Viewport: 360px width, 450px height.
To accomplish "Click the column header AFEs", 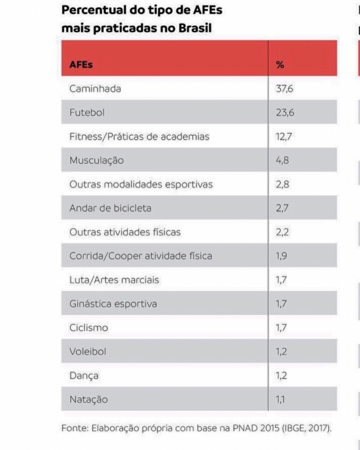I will click(x=81, y=65).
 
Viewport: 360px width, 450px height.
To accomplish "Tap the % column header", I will click(x=280, y=65).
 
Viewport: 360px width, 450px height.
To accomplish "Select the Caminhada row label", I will click(x=95, y=89).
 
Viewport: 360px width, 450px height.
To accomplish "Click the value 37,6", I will click(x=285, y=89).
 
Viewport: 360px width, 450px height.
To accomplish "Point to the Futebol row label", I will click(x=87, y=113).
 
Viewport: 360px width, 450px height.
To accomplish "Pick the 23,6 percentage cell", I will click(x=285, y=113).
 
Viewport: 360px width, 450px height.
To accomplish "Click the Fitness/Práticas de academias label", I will click(x=139, y=137).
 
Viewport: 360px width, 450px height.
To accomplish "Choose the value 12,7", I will click(x=283, y=137).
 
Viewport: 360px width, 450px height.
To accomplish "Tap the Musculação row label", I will click(x=96, y=161).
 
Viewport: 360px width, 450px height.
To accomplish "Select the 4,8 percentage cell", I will click(x=282, y=161).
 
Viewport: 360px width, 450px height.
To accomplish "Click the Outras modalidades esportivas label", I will click(x=141, y=184).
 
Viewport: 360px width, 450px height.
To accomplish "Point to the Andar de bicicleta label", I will click(x=110, y=209).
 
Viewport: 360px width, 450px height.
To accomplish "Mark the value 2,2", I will click(x=282, y=232).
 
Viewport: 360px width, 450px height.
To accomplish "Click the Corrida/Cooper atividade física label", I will click(x=141, y=256).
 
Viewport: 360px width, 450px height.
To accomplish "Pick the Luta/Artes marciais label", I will click(x=114, y=280).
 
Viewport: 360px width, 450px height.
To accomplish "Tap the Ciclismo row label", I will click(x=89, y=328).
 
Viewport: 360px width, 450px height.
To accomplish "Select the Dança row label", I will click(x=84, y=376).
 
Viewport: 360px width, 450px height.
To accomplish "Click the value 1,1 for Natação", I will click(x=281, y=400).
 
